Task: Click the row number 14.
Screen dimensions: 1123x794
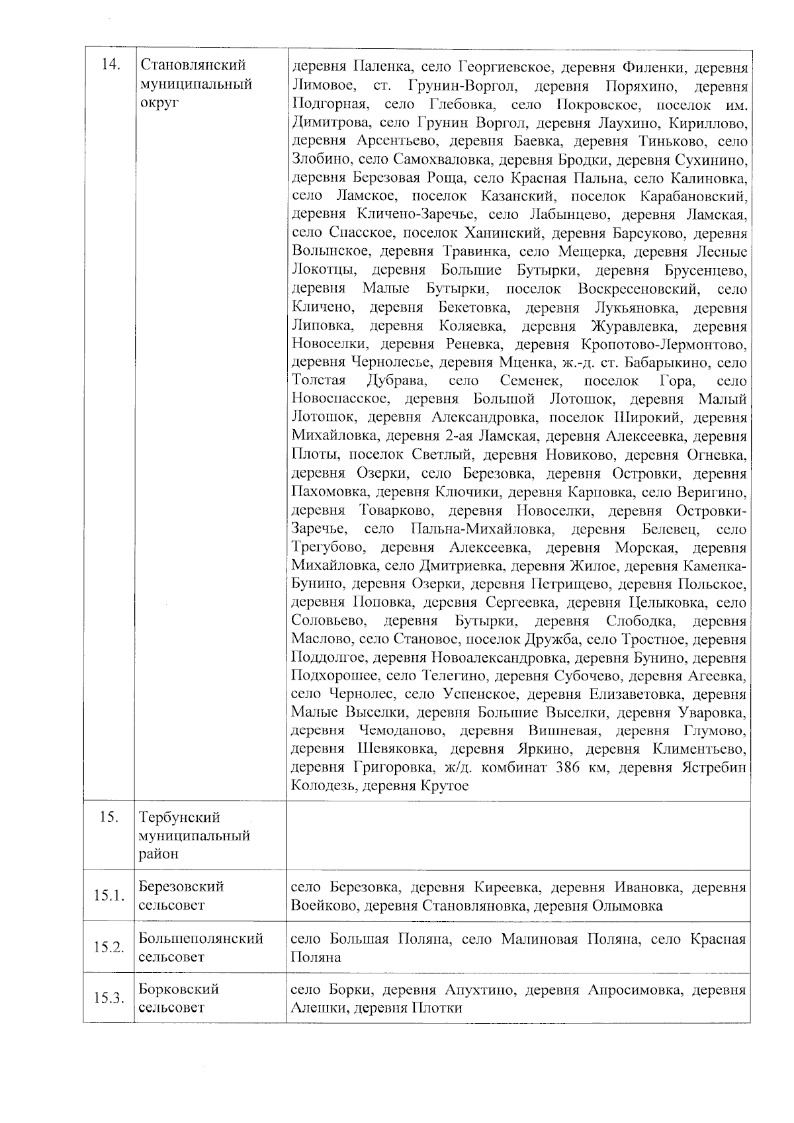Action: tap(110, 65)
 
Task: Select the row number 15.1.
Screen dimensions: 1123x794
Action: tap(109, 895)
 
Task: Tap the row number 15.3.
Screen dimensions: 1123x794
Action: tap(109, 998)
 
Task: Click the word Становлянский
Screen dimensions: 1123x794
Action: tap(193, 66)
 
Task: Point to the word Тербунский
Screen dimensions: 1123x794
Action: tap(179, 817)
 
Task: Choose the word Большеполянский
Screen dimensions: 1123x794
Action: tap(201, 938)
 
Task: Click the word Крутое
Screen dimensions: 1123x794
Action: tap(444, 786)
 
